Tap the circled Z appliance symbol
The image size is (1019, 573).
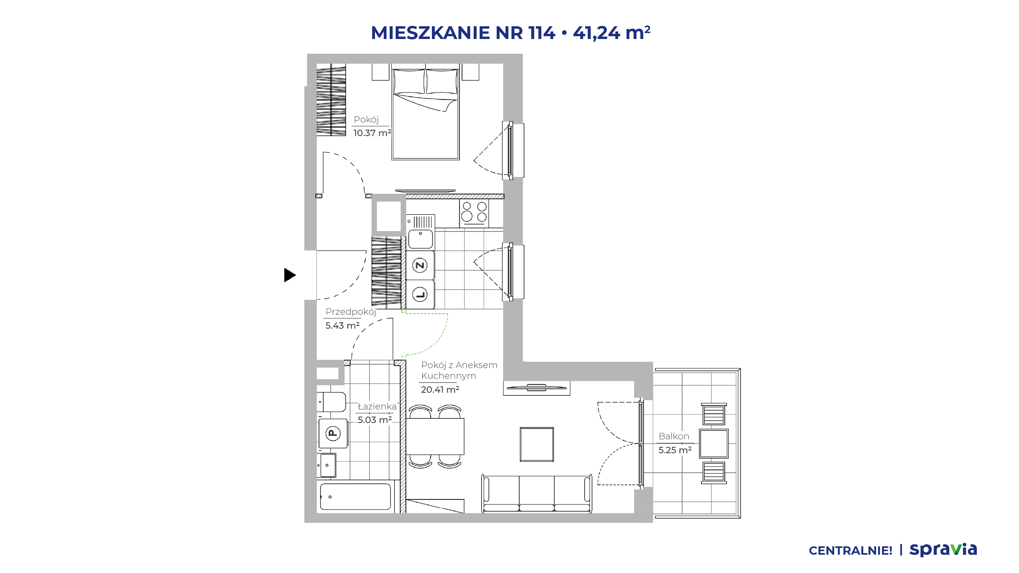click(420, 265)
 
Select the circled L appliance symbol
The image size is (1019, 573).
click(420, 295)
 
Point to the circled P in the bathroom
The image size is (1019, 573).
click(333, 433)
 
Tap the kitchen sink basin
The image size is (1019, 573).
click(420, 239)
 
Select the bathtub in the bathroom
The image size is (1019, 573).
click(355, 497)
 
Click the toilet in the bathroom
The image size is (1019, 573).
click(332, 402)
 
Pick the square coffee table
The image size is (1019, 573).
click(537, 444)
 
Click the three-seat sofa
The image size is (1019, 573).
click(537, 493)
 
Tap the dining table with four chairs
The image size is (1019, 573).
click(435, 436)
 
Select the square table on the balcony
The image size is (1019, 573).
click(714, 444)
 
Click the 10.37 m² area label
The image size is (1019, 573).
click(372, 133)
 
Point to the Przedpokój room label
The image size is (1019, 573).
click(351, 312)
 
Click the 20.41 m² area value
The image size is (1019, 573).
click(440, 390)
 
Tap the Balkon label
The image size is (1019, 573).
click(674, 436)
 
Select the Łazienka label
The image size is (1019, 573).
click(377, 406)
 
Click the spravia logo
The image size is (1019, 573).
click(943, 550)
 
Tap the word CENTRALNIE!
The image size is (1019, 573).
click(851, 551)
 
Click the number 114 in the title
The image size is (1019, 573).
click(542, 33)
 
